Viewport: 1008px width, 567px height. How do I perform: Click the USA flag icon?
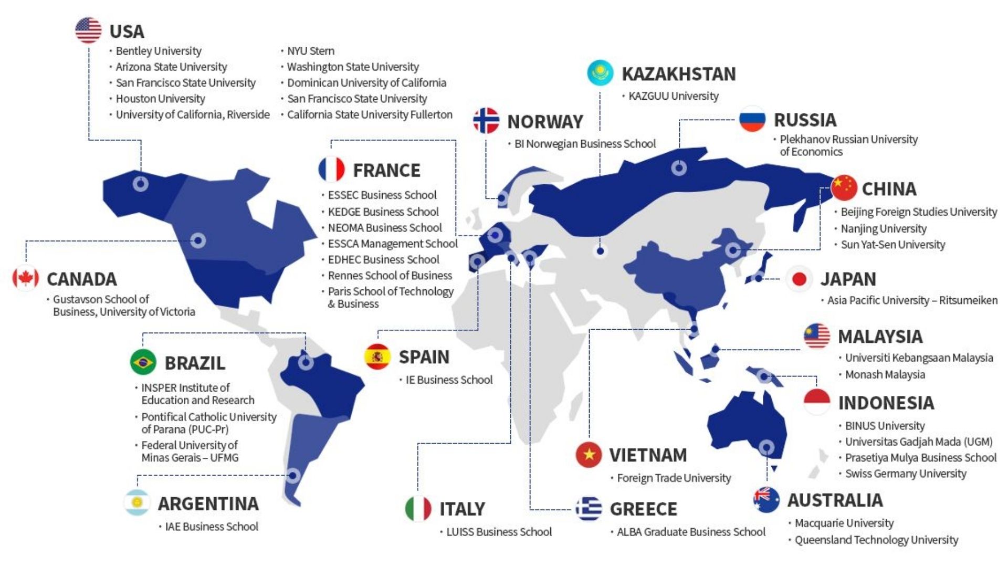[88, 30]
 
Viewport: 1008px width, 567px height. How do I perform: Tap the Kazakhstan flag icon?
[600, 72]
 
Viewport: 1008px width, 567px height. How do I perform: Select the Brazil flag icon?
[143, 362]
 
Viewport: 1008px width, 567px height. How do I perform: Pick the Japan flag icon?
[799, 279]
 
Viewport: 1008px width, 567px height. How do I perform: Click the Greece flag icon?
[589, 508]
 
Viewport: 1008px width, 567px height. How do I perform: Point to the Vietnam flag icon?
[589, 455]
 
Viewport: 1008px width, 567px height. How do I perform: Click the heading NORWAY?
[545, 122]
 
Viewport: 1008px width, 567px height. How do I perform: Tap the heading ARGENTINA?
[208, 503]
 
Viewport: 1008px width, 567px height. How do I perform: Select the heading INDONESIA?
[886, 403]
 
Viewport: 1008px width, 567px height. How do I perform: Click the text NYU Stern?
[311, 51]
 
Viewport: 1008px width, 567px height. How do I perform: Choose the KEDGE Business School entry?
[383, 212]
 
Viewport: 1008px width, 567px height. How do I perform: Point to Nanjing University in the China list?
[884, 228]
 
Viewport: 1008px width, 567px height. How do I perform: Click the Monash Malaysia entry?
[885, 374]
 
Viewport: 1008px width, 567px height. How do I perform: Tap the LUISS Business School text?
[499, 532]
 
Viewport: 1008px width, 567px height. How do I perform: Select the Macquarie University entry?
[844, 523]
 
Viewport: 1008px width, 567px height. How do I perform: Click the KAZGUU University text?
[674, 96]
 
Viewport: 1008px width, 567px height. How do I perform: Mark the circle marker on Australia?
[766, 447]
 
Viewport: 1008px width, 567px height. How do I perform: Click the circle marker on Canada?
[198, 240]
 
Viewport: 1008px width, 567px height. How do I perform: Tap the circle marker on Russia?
[679, 168]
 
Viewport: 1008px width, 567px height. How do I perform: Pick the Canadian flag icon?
[25, 278]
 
